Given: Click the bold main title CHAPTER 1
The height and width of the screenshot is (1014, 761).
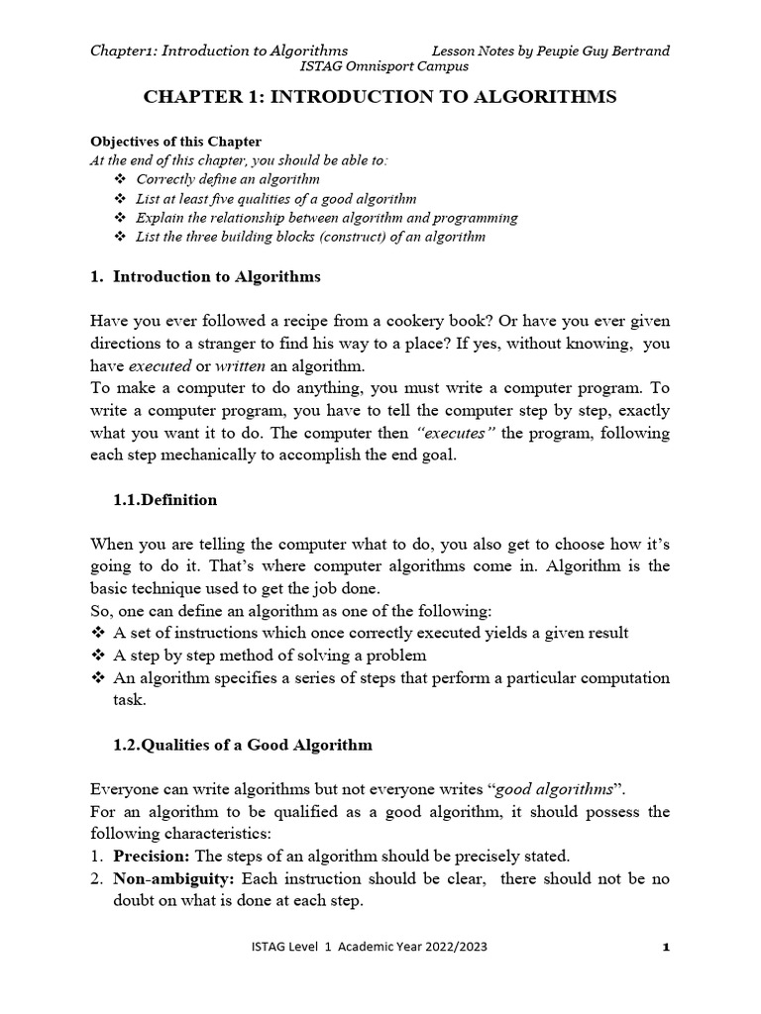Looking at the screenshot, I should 380,97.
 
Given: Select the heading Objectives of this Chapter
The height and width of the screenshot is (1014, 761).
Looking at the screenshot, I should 176,142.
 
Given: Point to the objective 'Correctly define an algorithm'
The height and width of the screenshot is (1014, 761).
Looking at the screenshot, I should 228,179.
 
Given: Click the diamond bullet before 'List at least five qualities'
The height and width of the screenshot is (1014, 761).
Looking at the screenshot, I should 121,198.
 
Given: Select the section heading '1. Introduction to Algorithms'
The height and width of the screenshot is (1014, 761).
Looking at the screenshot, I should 205,276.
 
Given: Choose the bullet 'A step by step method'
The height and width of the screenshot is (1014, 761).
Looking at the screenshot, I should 270,656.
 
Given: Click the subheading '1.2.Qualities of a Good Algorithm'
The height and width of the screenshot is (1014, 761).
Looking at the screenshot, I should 243,745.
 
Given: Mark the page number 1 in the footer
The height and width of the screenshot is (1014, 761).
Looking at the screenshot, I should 667,948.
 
